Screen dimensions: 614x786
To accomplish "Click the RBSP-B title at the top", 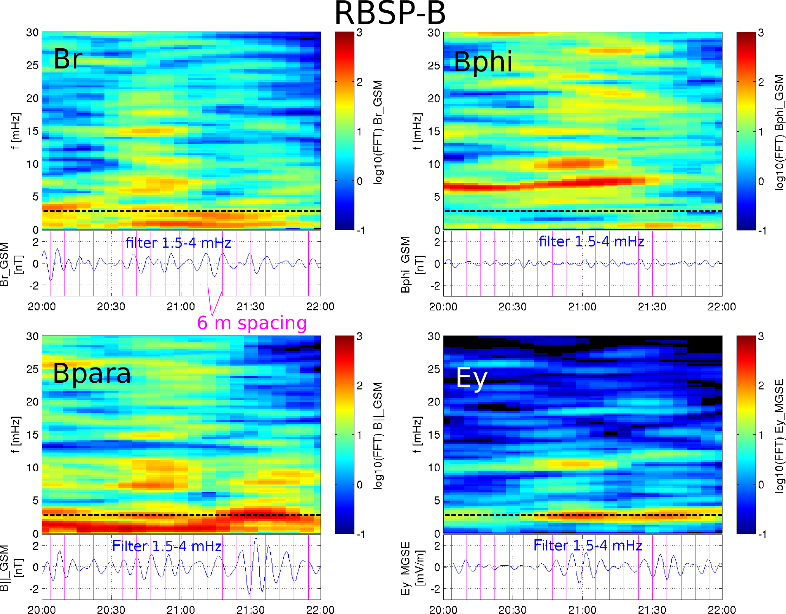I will pyautogui.click(x=390, y=14).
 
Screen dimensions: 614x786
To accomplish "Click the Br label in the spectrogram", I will pyautogui.click(x=68, y=59).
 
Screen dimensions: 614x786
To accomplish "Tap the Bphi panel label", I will pyautogui.click(x=483, y=62).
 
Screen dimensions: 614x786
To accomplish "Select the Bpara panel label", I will pyautogui.click(x=92, y=374).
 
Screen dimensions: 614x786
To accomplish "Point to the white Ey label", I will pyautogui.click(x=472, y=378).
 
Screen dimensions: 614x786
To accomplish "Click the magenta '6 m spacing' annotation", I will pyautogui.click(x=252, y=323).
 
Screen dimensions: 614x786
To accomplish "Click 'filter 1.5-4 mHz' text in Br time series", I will pyautogui.click(x=178, y=243).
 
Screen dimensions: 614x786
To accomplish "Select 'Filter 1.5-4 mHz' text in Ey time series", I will pyautogui.click(x=588, y=546).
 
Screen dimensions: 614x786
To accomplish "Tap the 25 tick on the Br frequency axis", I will pyautogui.click(x=32, y=65).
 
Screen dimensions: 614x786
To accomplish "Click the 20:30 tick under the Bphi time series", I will pyautogui.click(x=513, y=307).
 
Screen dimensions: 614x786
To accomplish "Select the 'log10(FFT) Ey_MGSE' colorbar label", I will pyautogui.click(x=779, y=436).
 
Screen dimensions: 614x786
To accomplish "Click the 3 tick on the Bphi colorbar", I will pyautogui.click(x=761, y=33).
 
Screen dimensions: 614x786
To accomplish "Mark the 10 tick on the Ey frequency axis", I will pyautogui.click(x=434, y=468).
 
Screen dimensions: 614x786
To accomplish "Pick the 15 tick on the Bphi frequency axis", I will pyautogui.click(x=434, y=132).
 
